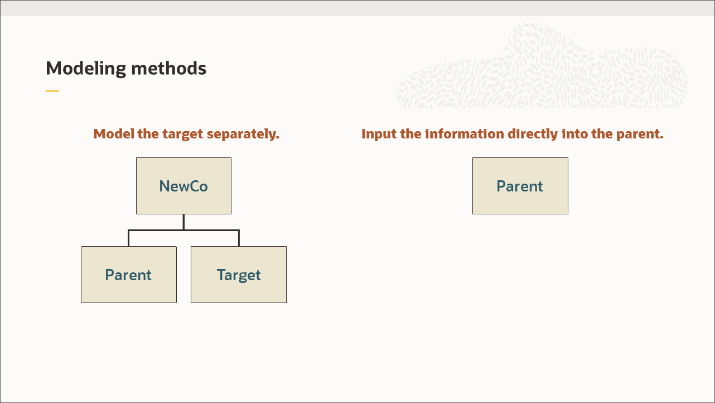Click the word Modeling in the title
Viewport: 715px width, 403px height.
[86, 69]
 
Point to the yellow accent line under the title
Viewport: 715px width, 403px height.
[52, 91]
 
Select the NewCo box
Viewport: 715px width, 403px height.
[183, 186]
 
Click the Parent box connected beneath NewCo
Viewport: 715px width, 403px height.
[129, 275]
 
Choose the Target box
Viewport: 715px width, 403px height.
[239, 275]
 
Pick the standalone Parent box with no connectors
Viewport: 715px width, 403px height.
[520, 186]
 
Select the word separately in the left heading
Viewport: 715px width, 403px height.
[243, 134]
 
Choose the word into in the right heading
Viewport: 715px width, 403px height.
[574, 134]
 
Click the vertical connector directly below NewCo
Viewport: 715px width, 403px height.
[183, 222]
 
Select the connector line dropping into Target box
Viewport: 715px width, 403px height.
[239, 238]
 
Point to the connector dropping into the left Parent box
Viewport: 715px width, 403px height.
[129, 238]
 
